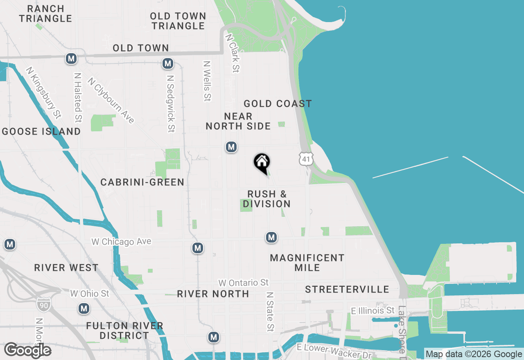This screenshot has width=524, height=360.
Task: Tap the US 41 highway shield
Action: coord(306,159)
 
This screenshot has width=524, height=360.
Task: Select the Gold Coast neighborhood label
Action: coord(278,104)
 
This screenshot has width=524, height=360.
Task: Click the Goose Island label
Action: coord(41,131)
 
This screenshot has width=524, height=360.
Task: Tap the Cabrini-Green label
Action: coord(142,182)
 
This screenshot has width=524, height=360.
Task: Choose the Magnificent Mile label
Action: coord(307,263)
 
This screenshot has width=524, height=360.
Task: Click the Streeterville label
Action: coord(347,290)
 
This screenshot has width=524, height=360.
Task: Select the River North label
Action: coord(213,294)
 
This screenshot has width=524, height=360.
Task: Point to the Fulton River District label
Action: coord(125,331)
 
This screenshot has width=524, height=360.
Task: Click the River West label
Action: coord(66,268)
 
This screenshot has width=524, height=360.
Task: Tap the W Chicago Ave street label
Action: coord(121,242)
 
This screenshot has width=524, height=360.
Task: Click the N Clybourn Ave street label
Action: coord(111,101)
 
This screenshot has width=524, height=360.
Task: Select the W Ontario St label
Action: coord(244,283)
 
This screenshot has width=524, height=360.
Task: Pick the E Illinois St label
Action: coord(373,311)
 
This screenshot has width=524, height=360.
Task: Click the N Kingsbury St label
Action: coord(43,92)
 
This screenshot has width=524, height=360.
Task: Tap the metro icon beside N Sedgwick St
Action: coord(167,63)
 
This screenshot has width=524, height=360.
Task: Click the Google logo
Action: coord(28,350)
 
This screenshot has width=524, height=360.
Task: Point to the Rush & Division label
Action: coord(267,199)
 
